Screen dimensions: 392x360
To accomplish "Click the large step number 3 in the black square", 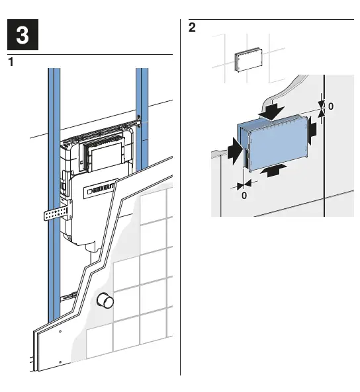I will point(22,36).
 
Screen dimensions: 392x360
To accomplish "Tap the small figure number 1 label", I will point(11,63).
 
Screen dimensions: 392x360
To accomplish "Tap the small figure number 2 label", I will point(192,28).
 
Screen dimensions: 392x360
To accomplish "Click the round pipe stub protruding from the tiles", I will point(105,301).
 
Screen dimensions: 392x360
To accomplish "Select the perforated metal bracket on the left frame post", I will point(55,214).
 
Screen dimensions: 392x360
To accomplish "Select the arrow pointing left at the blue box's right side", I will point(314,128).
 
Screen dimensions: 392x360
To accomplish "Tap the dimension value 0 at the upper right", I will point(331,106).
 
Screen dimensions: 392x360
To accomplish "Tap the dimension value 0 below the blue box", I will point(244,196).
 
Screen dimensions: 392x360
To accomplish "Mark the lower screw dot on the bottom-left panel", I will point(60,361).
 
